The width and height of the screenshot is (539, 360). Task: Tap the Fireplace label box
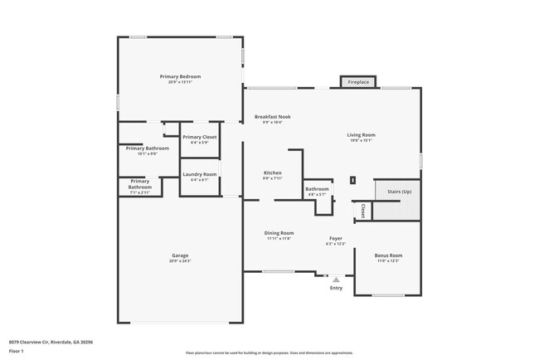click(358, 82)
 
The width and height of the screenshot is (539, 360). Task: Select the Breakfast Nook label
click(272, 117)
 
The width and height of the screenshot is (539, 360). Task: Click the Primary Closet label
click(199, 137)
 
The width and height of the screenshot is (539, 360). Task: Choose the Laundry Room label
click(199, 174)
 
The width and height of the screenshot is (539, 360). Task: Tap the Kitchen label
click(273, 173)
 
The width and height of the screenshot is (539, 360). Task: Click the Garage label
click(180, 255)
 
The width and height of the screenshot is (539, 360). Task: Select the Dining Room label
click(279, 233)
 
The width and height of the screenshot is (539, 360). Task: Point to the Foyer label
click(336, 238)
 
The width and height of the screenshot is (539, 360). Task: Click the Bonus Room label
click(387, 255)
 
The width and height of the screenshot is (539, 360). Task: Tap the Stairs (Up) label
click(399, 191)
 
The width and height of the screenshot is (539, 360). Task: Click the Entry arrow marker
click(336, 280)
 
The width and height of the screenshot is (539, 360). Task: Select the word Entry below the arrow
click(336, 288)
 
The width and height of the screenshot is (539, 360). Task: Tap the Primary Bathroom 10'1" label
click(148, 148)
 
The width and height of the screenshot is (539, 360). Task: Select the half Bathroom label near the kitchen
click(317, 189)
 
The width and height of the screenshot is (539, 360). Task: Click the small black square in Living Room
click(352, 179)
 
